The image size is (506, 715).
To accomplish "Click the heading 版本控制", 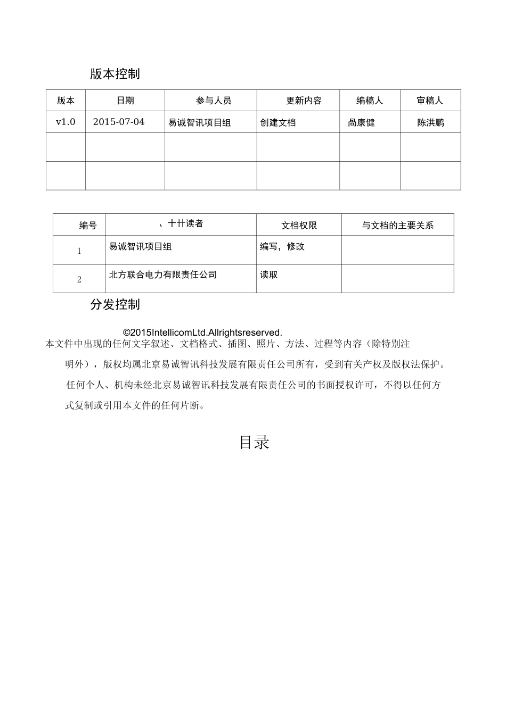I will click(x=115, y=74).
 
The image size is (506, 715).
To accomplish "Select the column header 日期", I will click(x=125, y=101).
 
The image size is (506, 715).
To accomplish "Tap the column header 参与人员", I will click(x=214, y=101).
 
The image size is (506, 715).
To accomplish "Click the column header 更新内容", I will click(x=304, y=101).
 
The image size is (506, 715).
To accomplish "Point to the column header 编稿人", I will click(x=370, y=101).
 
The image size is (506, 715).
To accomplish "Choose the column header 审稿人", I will click(x=430, y=101).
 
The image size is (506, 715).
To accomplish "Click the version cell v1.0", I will click(x=66, y=122).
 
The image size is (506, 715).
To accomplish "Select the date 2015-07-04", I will click(x=119, y=122).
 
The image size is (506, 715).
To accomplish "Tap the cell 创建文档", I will click(x=278, y=122).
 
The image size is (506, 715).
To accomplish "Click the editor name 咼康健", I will click(x=361, y=122).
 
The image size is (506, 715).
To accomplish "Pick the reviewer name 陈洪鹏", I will click(x=430, y=122).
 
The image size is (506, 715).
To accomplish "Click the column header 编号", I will click(x=88, y=226).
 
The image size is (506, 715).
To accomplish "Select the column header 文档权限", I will click(x=299, y=226).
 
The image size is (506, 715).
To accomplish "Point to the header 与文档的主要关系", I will click(x=397, y=226).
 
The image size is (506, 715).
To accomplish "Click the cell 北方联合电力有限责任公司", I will click(x=163, y=275).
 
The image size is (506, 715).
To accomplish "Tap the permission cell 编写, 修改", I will click(x=282, y=247).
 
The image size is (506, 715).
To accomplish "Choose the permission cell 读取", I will click(x=268, y=275).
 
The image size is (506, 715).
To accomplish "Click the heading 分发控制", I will click(x=115, y=304).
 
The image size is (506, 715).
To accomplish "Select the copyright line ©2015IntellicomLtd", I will click(x=202, y=333).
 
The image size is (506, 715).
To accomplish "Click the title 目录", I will click(x=254, y=442).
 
